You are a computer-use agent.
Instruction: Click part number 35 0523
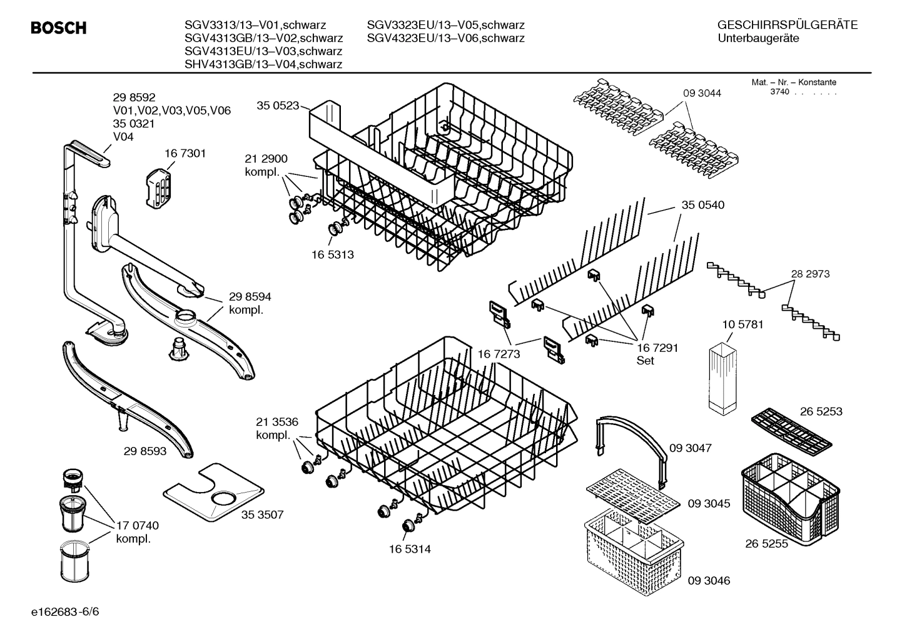(x=278, y=106)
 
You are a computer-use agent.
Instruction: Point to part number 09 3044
(x=702, y=93)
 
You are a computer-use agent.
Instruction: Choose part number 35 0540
(x=703, y=205)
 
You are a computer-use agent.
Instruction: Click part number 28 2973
(x=810, y=274)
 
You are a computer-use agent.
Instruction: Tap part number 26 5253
(x=821, y=411)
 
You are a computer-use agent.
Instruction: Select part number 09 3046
(x=709, y=581)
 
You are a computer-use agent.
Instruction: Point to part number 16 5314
(x=409, y=549)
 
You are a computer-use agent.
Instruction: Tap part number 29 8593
(x=145, y=450)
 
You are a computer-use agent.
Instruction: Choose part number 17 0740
(x=137, y=526)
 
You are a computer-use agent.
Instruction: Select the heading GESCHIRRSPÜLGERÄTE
(x=787, y=25)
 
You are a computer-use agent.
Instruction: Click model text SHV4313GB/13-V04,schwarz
(x=263, y=64)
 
